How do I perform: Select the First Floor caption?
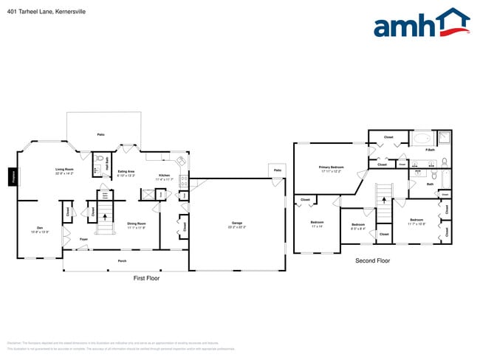pos(146,278)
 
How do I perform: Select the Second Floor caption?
pos(372,260)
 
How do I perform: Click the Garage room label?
pos(237,224)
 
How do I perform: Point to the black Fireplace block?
pos(13,177)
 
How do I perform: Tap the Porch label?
pos(122,260)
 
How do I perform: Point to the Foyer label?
pos(84,240)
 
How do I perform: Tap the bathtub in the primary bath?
pos(422,138)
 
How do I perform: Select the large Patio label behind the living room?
pos(100,134)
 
